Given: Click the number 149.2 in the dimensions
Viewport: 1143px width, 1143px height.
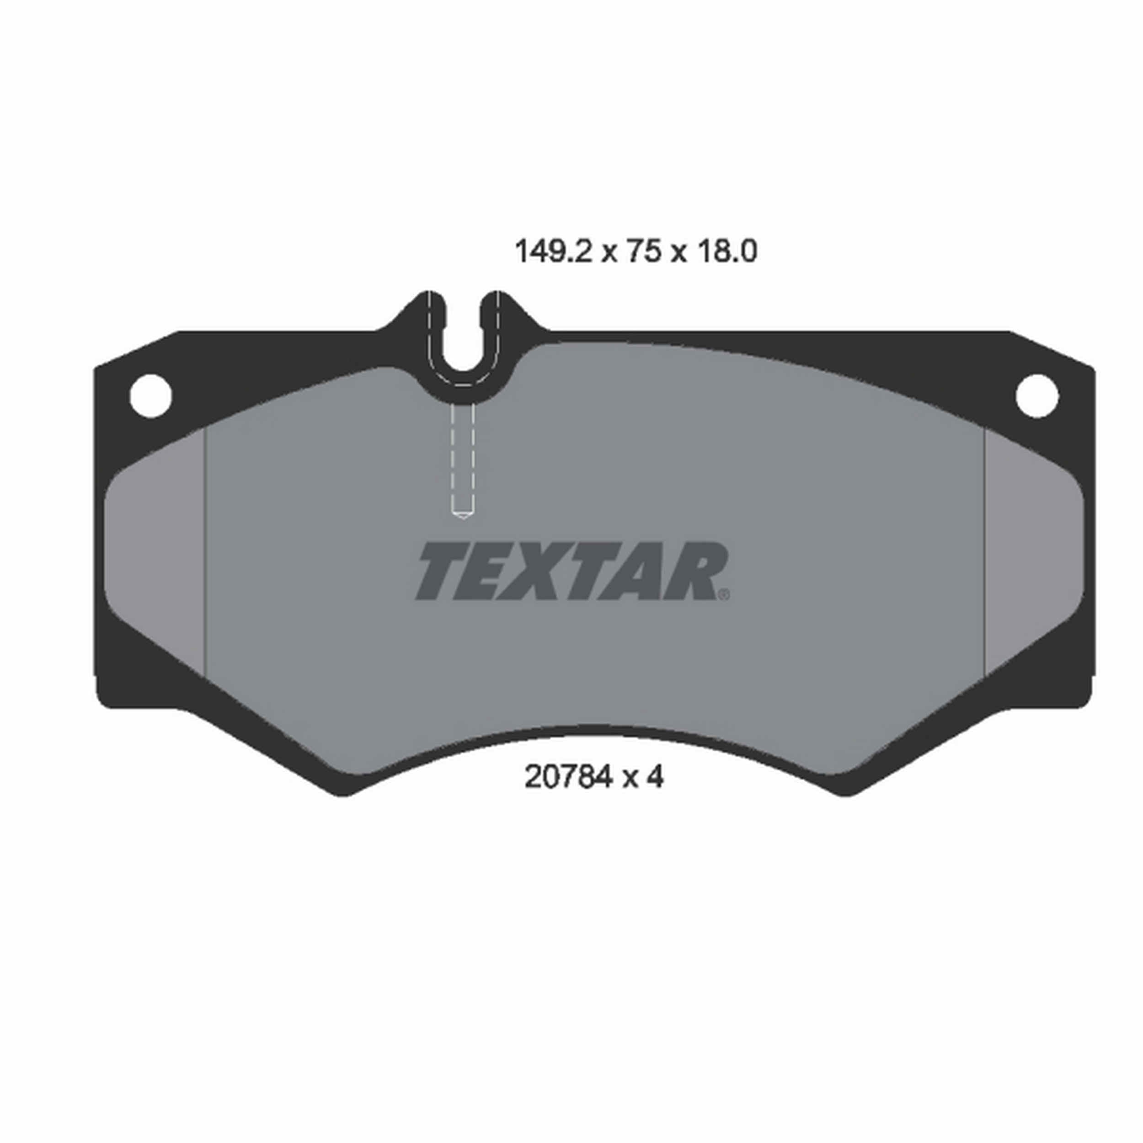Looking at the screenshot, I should click(553, 252).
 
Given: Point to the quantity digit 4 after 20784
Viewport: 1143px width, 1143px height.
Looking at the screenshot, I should click(654, 777).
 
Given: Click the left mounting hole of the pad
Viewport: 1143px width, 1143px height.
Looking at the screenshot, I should click(151, 395).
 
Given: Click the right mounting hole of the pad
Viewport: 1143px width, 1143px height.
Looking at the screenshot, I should click(1037, 395).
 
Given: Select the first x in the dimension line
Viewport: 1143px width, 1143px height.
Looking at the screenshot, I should click(609, 253).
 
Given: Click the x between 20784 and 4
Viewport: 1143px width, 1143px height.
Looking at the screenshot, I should click(630, 779).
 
